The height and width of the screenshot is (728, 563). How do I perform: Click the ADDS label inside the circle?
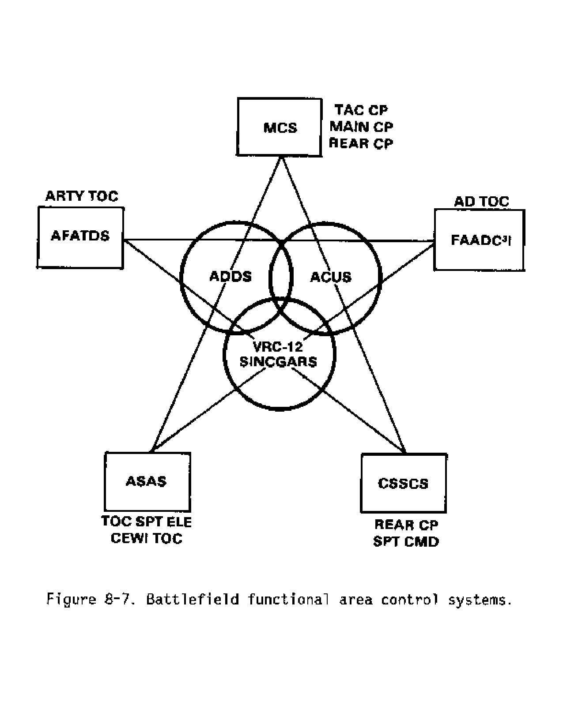click(x=230, y=276)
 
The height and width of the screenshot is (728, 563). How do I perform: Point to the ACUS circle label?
click(x=331, y=277)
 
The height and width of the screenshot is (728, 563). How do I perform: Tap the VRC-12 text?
click(x=278, y=347)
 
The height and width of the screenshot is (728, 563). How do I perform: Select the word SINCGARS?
click(x=278, y=362)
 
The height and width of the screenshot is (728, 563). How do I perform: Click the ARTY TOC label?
click(x=82, y=196)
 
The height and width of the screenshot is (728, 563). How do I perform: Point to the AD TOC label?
click(x=481, y=201)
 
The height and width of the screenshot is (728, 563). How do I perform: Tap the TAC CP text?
click(x=361, y=110)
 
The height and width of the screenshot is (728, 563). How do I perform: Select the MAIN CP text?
click(x=361, y=127)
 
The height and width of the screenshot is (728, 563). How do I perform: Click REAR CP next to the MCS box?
click(x=361, y=143)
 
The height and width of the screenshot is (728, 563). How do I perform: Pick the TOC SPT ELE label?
click(x=147, y=522)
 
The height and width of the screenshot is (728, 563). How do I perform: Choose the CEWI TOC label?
click(x=147, y=538)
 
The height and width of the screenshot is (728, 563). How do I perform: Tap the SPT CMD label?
click(x=406, y=542)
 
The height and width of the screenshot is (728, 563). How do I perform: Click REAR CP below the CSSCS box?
click(x=406, y=525)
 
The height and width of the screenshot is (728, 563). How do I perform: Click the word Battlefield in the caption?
click(x=193, y=599)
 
